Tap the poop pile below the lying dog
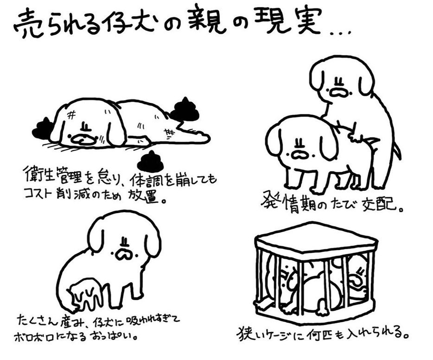pos(151,162)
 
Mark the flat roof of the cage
pos(315,237)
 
